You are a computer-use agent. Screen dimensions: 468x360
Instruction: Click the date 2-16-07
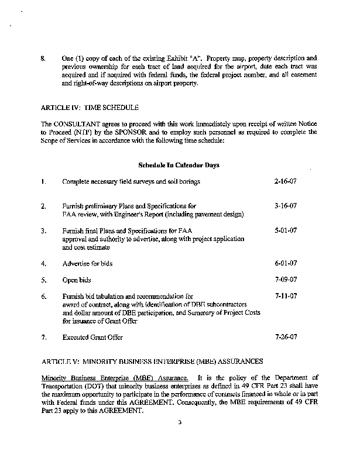(286, 181)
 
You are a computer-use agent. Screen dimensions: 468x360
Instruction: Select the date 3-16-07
(286, 206)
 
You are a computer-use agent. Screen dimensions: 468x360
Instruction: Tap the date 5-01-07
(286, 230)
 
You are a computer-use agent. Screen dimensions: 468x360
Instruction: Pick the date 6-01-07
(286, 263)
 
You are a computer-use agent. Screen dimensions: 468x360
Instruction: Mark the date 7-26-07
(286, 338)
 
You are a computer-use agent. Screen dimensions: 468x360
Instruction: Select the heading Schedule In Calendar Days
(179, 165)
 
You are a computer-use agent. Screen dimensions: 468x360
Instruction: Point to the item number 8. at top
(43, 58)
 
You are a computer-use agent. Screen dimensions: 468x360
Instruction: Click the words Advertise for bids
(87, 264)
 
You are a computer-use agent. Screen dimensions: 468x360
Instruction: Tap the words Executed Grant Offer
(92, 338)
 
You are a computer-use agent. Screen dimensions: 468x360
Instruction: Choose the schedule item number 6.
(43, 297)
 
